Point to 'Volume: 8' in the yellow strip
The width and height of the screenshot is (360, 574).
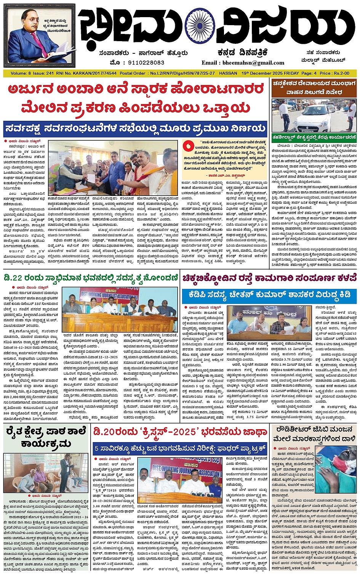(21, 73)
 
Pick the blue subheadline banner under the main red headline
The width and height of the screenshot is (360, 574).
(135, 128)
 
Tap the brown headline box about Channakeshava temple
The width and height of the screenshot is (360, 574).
(314, 88)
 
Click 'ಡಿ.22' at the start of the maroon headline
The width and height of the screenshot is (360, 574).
(14, 276)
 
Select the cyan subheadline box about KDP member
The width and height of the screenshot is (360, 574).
(269, 295)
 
